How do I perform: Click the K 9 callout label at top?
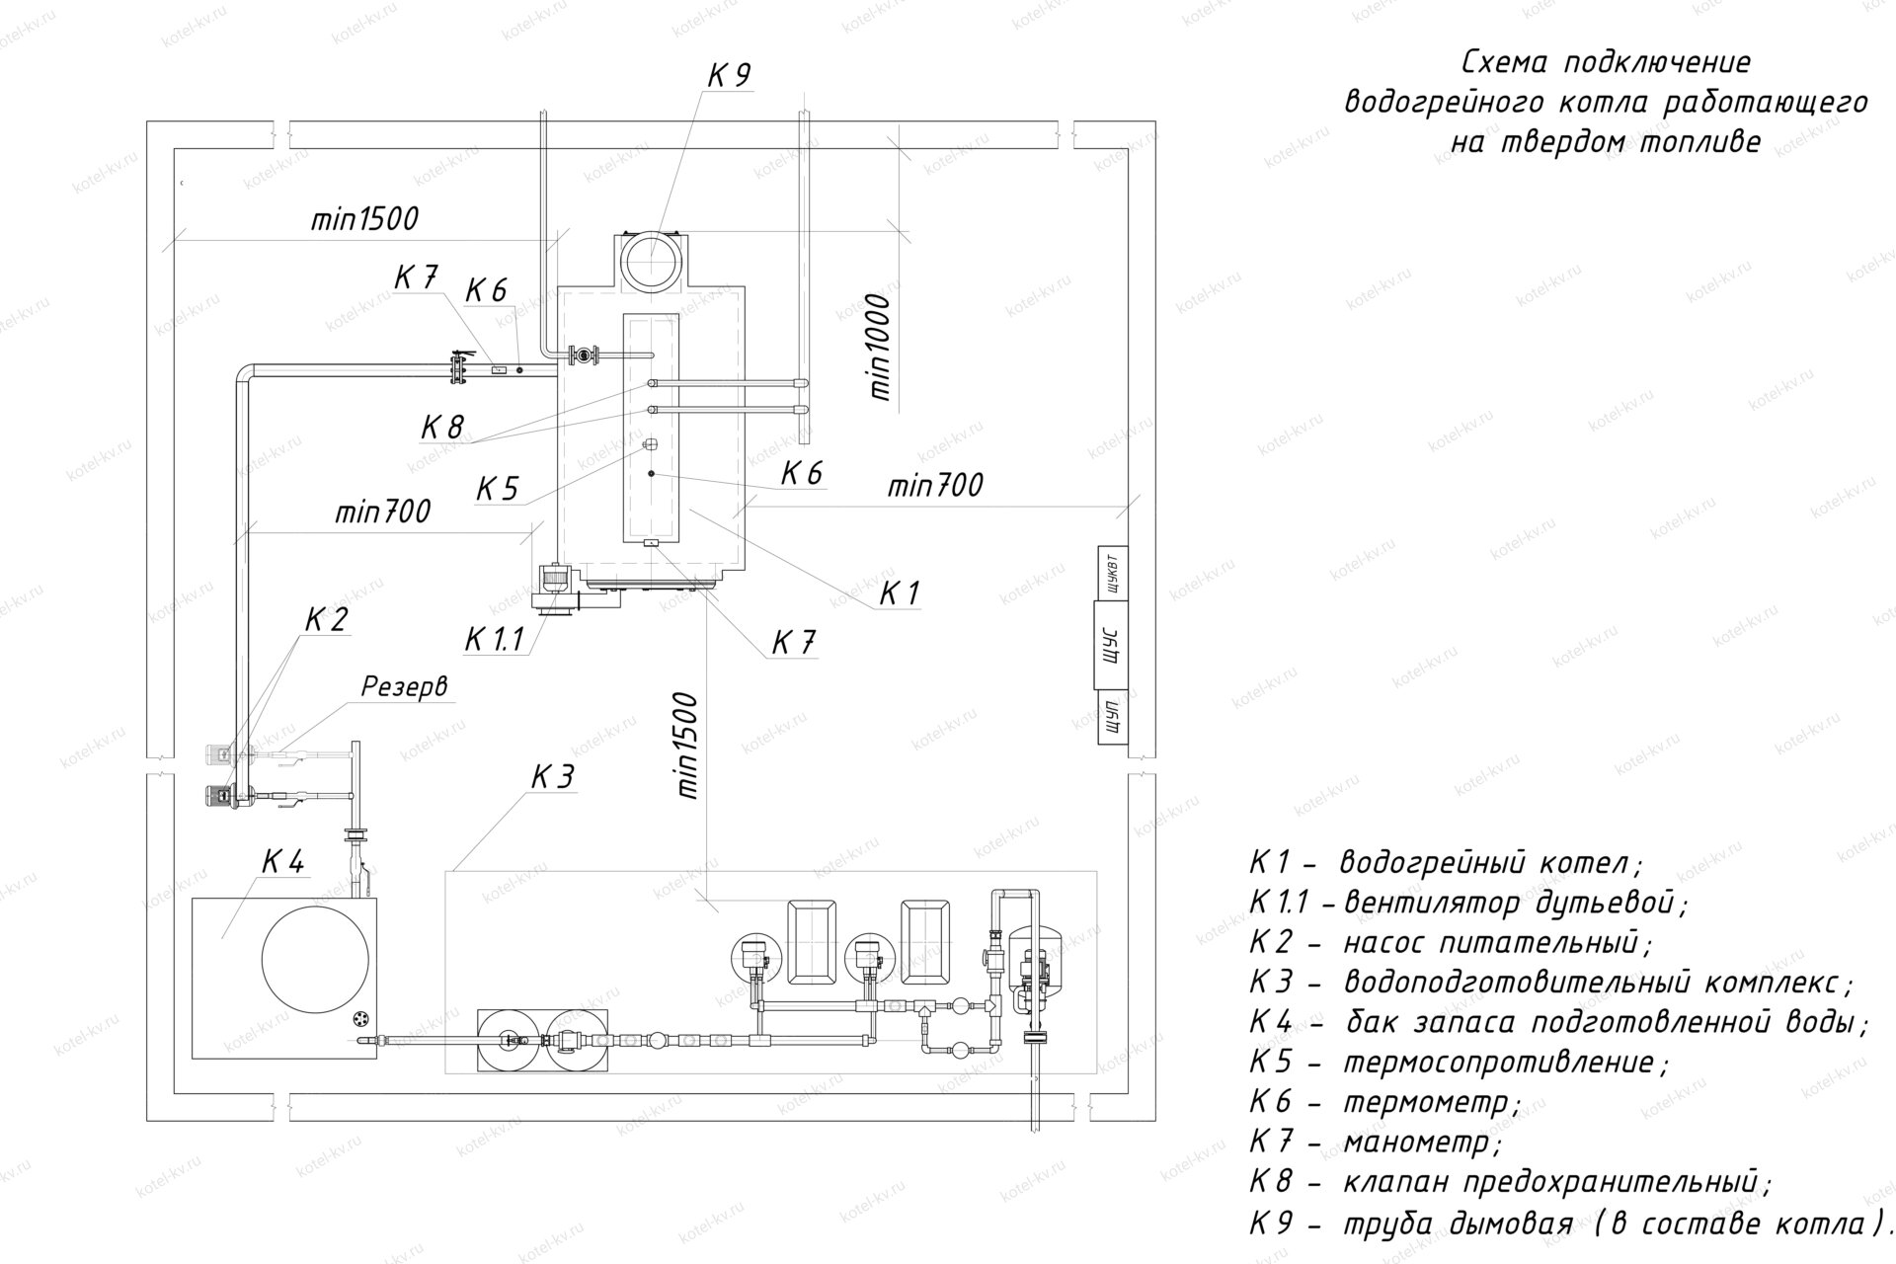pos(730,75)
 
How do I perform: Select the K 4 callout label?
pos(282,861)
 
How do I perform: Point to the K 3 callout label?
pos(552,777)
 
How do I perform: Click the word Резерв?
pos(404,687)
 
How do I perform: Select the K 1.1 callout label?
pos(495,640)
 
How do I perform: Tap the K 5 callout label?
pos(498,489)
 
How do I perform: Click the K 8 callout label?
pos(441,428)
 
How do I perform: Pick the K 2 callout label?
pos(327,620)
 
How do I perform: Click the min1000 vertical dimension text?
pos(881,346)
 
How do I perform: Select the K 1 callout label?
pos(900,593)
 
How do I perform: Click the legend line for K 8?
pos(1511,1182)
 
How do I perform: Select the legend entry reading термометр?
pos(1428,1101)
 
